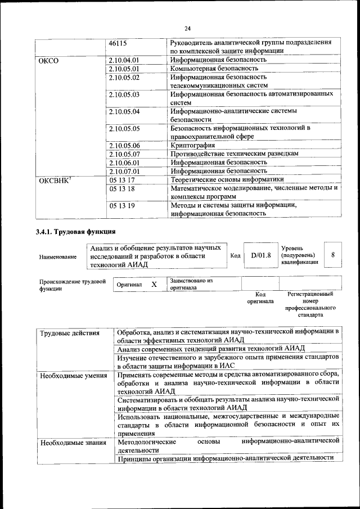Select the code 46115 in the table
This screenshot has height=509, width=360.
118,43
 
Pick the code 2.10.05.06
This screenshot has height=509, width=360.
124,145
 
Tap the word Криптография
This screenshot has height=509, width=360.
193,145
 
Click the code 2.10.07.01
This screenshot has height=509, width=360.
124,170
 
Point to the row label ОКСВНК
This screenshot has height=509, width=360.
54,180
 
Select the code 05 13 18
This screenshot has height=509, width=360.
121,189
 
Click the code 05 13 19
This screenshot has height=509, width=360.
121,206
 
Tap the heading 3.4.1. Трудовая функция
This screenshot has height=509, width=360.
76,232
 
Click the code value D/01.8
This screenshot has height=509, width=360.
261,255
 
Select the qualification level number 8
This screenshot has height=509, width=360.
334,255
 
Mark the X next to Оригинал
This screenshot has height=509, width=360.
154,285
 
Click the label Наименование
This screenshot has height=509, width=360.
58,256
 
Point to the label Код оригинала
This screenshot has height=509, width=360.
260,298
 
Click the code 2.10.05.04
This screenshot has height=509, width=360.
124,111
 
